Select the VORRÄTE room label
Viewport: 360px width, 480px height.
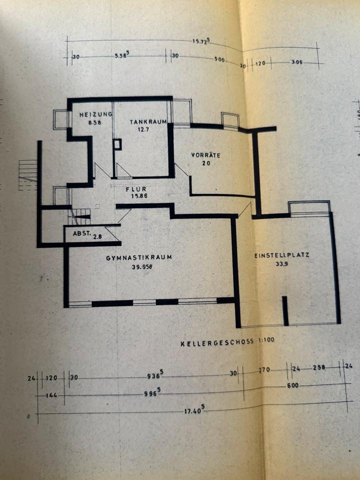[x=205, y=155]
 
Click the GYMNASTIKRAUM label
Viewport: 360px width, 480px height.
[x=139, y=258]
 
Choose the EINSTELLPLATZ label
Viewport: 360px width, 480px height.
[x=281, y=255]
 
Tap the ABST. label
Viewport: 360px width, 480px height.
[x=81, y=233]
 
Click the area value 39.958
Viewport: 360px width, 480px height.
[x=139, y=266]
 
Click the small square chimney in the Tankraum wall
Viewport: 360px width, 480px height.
[x=117, y=144]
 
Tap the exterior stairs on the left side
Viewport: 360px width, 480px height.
[x=28, y=174]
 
